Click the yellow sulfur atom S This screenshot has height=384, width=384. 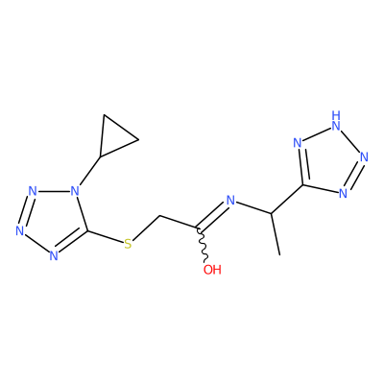coord(128,244)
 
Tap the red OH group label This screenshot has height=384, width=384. coord(212,270)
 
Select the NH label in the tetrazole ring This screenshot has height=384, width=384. coord(336,121)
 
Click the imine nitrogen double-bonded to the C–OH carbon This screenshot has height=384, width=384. coord(230,201)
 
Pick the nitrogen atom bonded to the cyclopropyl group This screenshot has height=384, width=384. coord(75,191)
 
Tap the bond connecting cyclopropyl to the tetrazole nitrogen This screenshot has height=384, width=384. coord(90,171)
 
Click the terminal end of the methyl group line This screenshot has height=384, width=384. coord(280,255)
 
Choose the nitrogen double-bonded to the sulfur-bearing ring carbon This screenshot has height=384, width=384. coord(54,255)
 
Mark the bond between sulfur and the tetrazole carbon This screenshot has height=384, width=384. coord(105,236)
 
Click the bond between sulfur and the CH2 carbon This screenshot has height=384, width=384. coord(146,228)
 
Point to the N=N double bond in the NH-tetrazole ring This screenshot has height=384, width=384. coord(353,175)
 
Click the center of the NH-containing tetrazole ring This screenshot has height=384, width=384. coord(327,161)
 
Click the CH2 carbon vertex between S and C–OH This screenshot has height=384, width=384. coord(159,216)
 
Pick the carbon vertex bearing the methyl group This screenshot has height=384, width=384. coord(271,213)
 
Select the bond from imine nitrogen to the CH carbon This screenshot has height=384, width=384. coord(253,207)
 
